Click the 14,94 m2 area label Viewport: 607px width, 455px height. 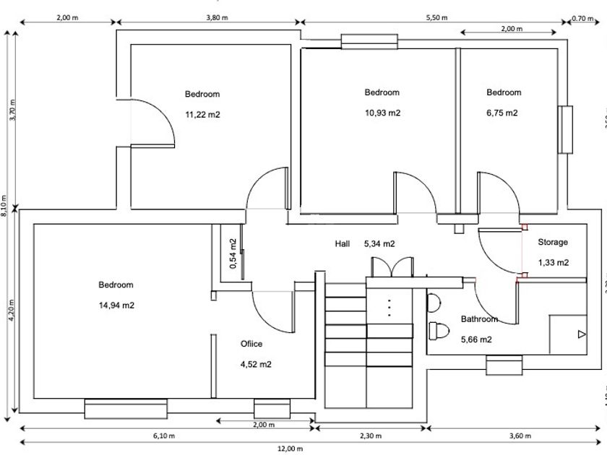116,305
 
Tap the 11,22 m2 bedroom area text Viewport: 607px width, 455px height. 202,114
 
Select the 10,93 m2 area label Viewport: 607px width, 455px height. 382,113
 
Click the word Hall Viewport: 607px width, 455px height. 343,244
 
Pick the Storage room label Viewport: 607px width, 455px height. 553,243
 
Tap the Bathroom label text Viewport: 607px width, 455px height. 479,319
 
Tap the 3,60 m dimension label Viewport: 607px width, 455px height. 519,436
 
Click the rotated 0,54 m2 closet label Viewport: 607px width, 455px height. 233,253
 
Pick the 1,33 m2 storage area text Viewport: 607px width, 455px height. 553,262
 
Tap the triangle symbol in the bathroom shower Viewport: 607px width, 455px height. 582,334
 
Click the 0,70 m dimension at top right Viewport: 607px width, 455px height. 582,18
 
